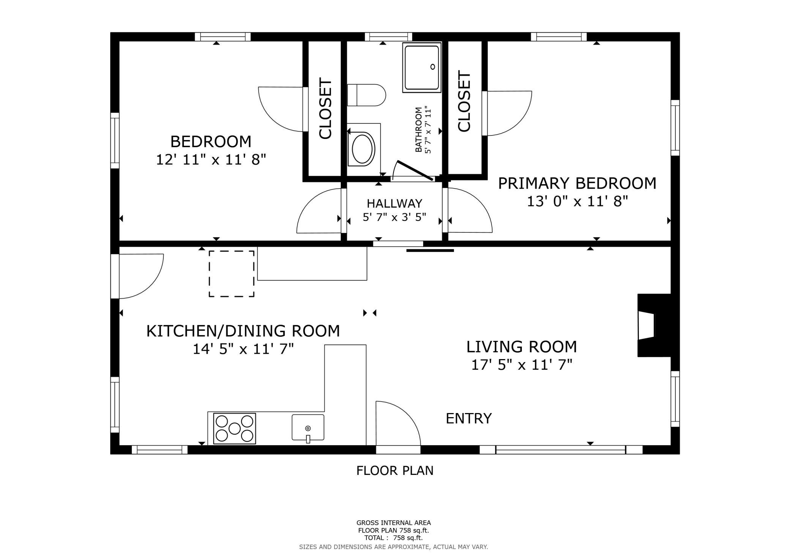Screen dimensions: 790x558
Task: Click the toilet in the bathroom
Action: (367, 95)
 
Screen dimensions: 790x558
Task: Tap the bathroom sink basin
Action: (363, 149)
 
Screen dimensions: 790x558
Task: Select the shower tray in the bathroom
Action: (422, 67)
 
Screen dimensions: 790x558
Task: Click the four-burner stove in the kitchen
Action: (235, 429)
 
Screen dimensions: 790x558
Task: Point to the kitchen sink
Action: (308, 428)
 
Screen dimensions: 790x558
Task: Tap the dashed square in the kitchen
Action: (232, 273)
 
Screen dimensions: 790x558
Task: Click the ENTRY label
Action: (469, 418)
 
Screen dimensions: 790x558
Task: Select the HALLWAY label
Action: (395, 203)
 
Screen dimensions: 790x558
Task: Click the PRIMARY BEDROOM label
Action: (577, 183)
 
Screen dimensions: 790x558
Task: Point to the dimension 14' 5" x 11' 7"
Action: (243, 349)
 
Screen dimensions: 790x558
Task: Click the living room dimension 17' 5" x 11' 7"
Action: (522, 365)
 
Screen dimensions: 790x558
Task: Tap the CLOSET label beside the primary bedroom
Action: (464, 101)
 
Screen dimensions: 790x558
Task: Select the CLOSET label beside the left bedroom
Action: (325, 109)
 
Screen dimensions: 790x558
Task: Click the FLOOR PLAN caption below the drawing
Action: (395, 471)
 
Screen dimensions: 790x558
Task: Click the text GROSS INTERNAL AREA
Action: (393, 523)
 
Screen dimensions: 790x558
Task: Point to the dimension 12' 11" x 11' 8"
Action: (211, 159)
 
